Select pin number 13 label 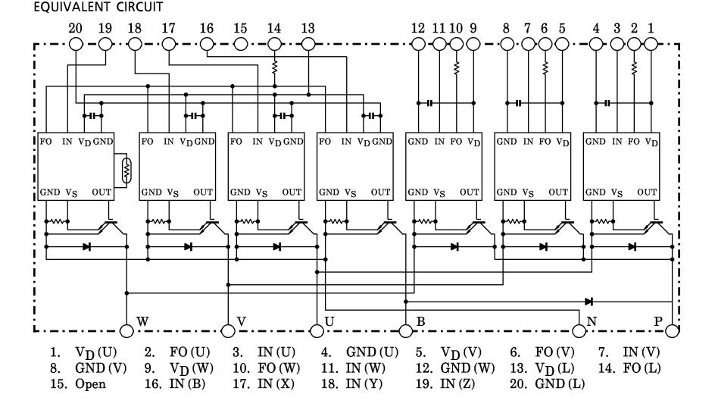(x=308, y=28)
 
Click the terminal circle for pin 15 (x=241, y=43)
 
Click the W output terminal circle (x=126, y=330)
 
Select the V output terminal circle (x=227, y=330)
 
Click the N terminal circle (x=579, y=330)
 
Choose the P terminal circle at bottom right (x=671, y=330)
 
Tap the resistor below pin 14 (x=275, y=68)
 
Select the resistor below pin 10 (x=457, y=68)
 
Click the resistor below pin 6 (x=545, y=68)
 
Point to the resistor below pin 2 (x=634, y=68)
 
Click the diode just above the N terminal (x=589, y=302)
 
